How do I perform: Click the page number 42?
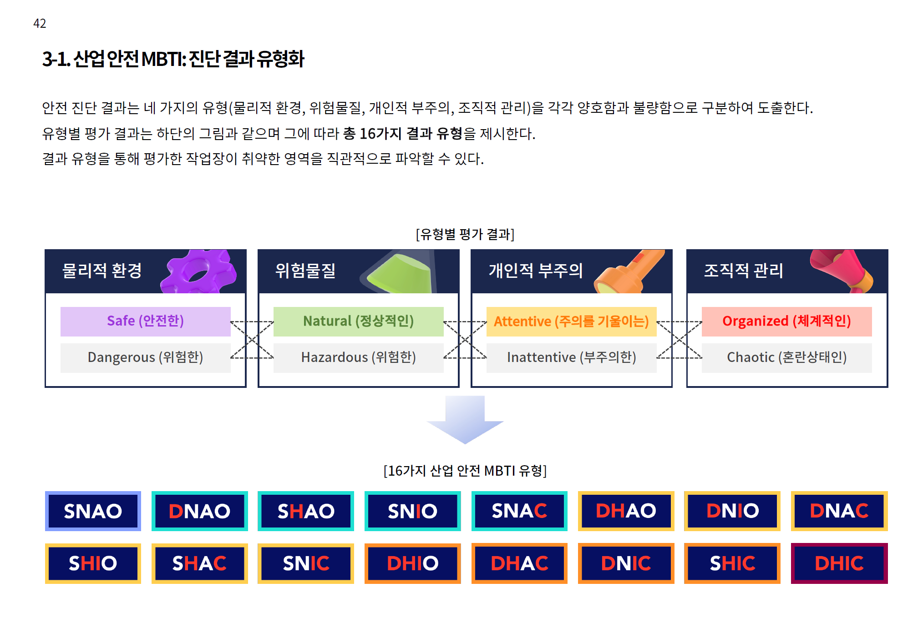click(x=40, y=23)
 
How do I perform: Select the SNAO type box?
click(x=93, y=511)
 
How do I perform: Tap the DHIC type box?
click(x=839, y=563)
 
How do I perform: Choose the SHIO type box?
click(x=93, y=563)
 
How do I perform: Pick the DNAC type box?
click(x=839, y=511)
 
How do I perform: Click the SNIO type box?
click(x=412, y=511)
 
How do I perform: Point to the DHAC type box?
click(x=519, y=563)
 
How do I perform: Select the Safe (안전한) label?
click(x=145, y=321)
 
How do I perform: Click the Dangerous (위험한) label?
click(x=145, y=357)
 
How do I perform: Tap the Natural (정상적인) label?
click(x=358, y=321)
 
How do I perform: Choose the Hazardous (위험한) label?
click(x=358, y=357)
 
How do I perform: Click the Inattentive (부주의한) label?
click(x=571, y=357)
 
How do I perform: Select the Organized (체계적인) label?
click(x=786, y=321)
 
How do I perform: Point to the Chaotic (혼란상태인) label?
click(x=786, y=357)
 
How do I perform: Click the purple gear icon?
click(x=198, y=271)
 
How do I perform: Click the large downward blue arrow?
click(x=465, y=418)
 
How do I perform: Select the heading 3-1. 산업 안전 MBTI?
click(x=173, y=59)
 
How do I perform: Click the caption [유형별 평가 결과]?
click(x=465, y=234)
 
